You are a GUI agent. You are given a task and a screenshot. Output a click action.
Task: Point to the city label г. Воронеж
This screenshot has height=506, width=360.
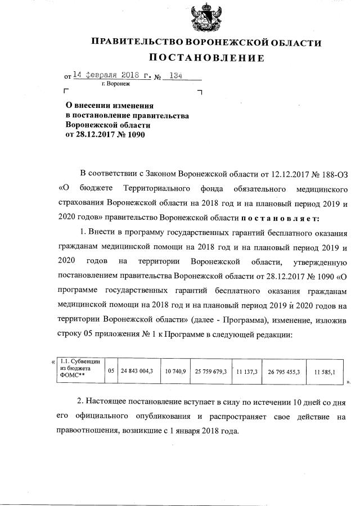click(x=115, y=84)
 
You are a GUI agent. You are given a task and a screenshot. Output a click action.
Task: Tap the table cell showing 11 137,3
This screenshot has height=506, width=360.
click(x=247, y=372)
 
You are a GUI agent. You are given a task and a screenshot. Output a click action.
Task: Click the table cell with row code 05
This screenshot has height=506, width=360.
click(x=111, y=372)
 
